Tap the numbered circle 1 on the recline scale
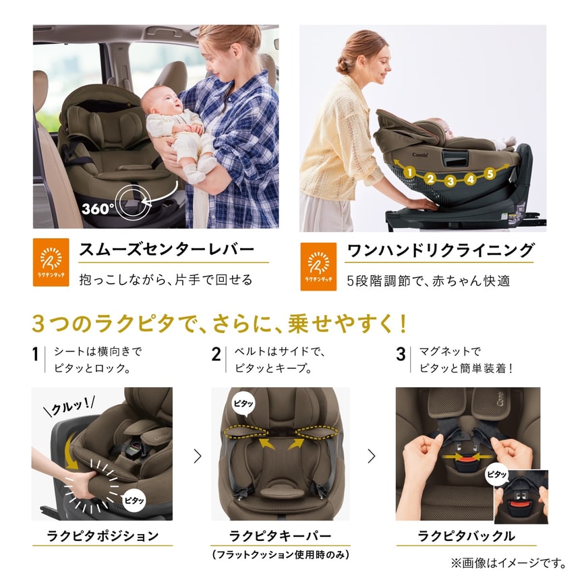409,172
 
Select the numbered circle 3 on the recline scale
450,181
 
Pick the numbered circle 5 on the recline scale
490,173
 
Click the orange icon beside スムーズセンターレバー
51,262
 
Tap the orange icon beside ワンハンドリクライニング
318,266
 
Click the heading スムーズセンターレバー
167,250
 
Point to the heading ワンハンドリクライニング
440,251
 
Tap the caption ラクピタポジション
103,535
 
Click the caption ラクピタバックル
466,535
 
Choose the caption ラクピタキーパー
280,535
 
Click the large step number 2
216,354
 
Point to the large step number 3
401,354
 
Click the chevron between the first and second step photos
198,456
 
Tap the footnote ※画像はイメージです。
509,563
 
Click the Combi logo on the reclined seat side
420,154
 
